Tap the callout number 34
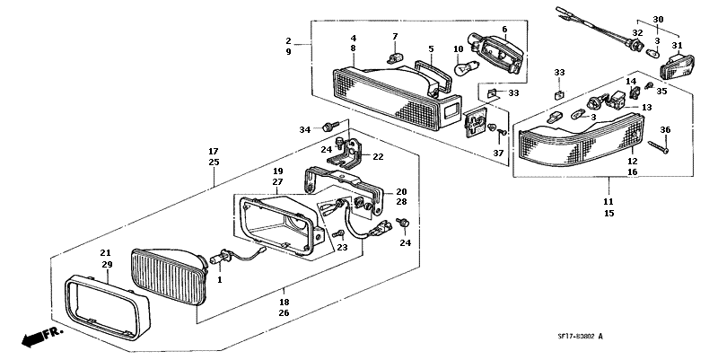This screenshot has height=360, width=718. click(305, 130)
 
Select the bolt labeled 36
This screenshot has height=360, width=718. click(659, 147)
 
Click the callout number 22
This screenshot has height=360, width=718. click(378, 156)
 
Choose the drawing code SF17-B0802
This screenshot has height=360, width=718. click(576, 337)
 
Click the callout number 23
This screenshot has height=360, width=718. click(342, 248)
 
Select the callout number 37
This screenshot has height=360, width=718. click(498, 153)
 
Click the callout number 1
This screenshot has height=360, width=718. click(219, 280)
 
